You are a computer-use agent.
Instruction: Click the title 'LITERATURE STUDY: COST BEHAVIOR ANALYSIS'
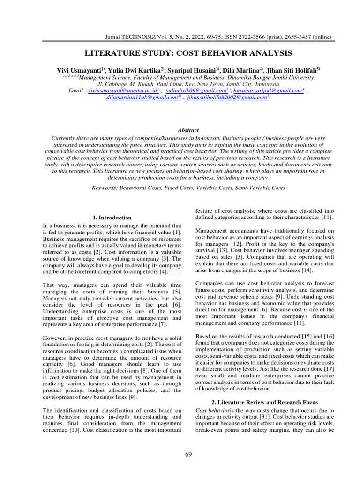click(x=187, y=53)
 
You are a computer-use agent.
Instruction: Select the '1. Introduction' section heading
click(x=112, y=217)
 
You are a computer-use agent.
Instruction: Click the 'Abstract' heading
click(x=188, y=130)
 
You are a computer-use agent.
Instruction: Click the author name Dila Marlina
click(x=243, y=69)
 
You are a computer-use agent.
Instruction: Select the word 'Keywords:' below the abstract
click(x=106, y=187)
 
